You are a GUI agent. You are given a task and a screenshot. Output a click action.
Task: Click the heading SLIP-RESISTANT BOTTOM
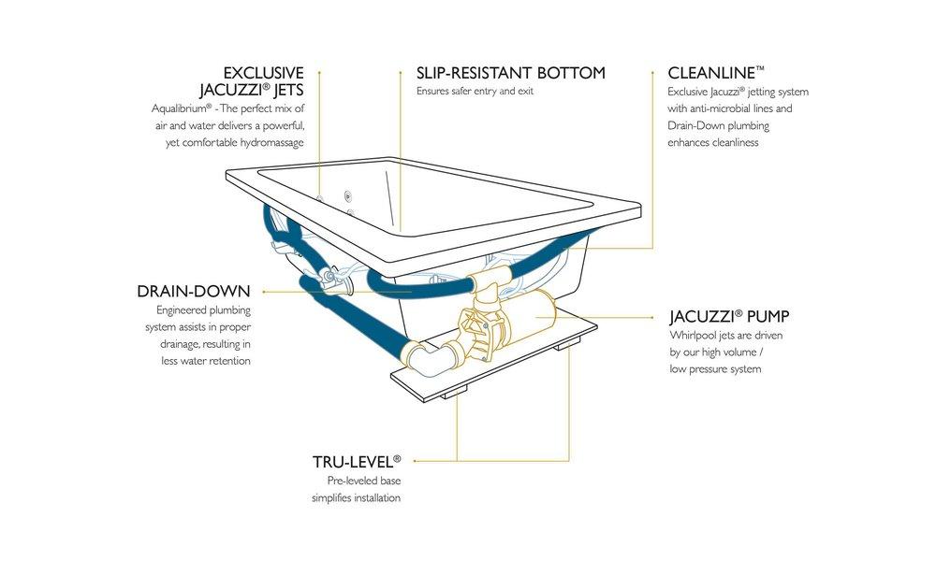[510, 73]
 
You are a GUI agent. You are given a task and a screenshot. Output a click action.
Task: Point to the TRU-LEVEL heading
[357, 461]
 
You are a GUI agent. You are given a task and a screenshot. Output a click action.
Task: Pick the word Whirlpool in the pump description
[694, 335]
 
